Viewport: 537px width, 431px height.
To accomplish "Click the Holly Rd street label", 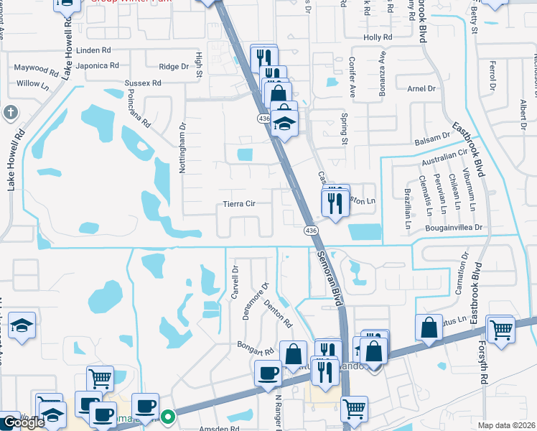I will (378, 37).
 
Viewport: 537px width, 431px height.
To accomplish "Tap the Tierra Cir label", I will (241, 203).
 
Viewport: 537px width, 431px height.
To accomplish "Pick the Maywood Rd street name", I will (37, 70).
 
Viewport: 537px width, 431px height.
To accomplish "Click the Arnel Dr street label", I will (421, 88).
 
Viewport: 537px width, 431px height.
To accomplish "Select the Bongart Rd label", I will (256, 349).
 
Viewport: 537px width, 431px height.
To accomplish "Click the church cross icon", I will (10, 112).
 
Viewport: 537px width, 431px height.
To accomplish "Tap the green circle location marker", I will (168, 416).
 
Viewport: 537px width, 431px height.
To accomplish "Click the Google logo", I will (24, 422).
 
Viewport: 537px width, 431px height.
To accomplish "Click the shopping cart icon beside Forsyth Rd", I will (501, 329).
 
